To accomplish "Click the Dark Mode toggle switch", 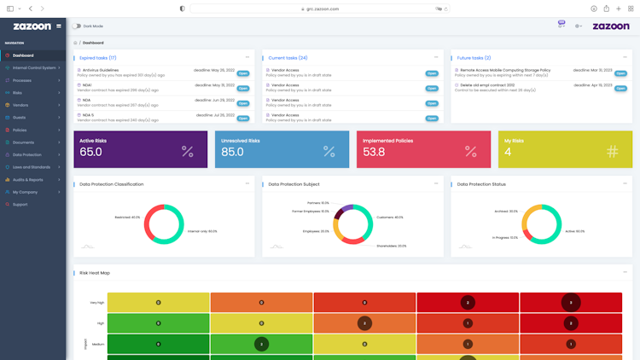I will click(x=77, y=26).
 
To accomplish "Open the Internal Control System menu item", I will click(x=34, y=67).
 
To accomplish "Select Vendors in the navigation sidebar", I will click(x=20, y=105).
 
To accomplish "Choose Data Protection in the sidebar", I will click(x=27, y=154).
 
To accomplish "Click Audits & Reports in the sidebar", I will click(x=28, y=179).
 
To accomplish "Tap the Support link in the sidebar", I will click(x=20, y=204).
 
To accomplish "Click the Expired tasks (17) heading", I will click(x=98, y=58).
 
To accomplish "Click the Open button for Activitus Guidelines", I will click(x=242, y=73).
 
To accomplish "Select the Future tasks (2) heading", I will click(x=474, y=58).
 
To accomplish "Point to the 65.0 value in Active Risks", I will click(x=90, y=152).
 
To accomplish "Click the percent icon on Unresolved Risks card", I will click(x=329, y=152).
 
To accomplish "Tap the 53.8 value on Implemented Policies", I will click(x=374, y=152).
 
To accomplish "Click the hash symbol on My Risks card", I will click(x=612, y=152).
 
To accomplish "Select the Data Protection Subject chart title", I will click(x=294, y=184).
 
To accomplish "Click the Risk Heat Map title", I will click(x=95, y=273).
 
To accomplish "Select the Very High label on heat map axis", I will click(x=96, y=303).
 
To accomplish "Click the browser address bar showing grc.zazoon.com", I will click(x=320, y=9).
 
